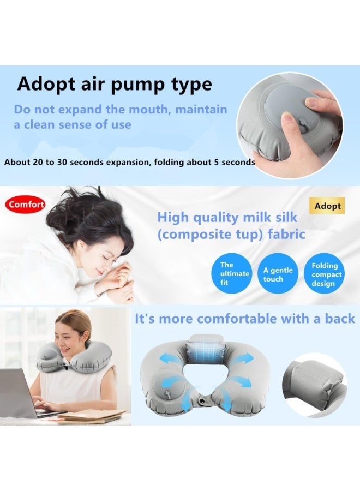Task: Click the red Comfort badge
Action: (25, 205)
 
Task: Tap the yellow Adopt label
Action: (327, 206)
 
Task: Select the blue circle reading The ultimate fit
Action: (232, 273)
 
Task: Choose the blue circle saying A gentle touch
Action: (278, 274)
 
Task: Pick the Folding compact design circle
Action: (324, 274)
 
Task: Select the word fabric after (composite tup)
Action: (286, 234)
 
